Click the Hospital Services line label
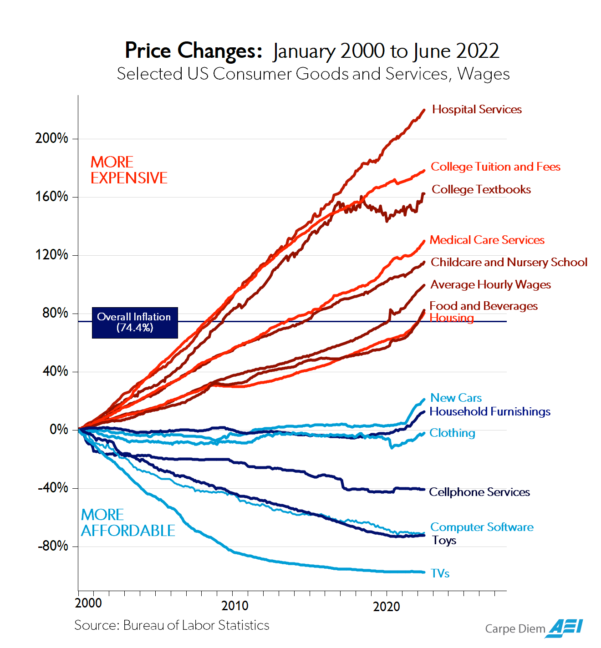coord(477,109)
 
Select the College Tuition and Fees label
coord(495,167)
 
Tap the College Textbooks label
coord(481,189)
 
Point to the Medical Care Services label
coord(487,240)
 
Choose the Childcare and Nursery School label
coord(509,262)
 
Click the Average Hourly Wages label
coord(490,284)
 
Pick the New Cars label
coord(456,398)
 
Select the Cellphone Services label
coord(479,492)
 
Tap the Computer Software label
coord(482,527)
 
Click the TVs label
coord(440,573)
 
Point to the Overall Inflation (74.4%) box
coord(134,322)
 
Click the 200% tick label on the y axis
coord(51,138)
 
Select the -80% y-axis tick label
coord(53,546)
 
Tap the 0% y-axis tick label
coord(59,429)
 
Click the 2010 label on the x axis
coord(235,606)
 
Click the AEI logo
coord(565,628)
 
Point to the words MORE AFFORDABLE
coord(127,523)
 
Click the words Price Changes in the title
coord(193,51)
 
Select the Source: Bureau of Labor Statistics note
coord(172,625)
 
